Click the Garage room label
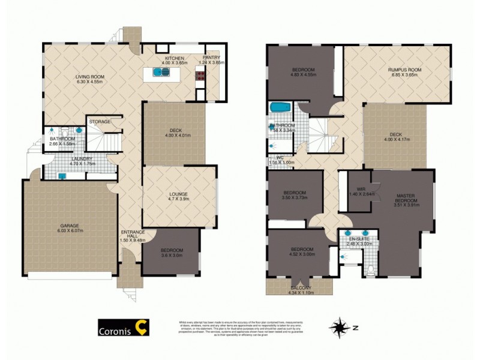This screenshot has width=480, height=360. tap(68, 226)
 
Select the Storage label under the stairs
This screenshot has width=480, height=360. tap(100, 122)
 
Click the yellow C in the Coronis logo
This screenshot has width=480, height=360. tap(142, 328)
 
